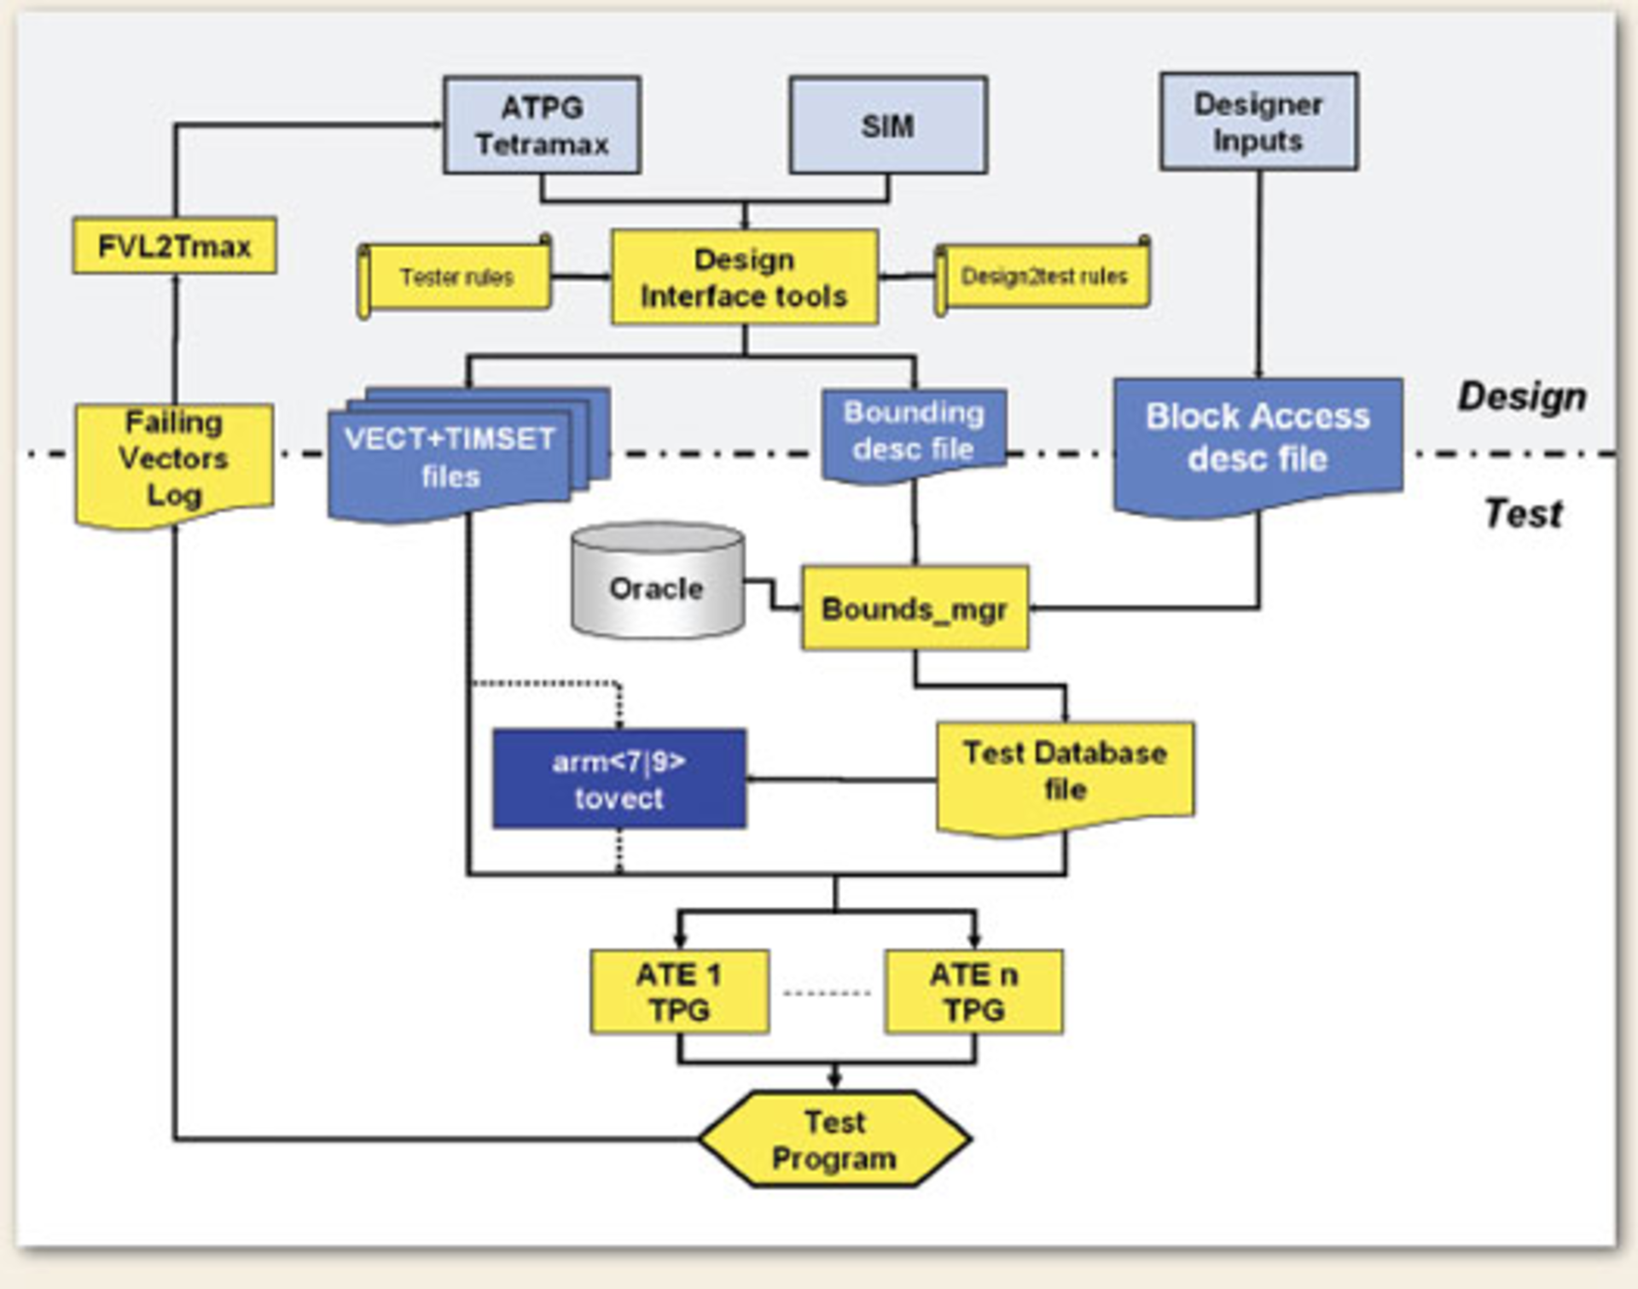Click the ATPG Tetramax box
pyautogui.click(x=542, y=125)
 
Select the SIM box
pyautogui.click(x=887, y=125)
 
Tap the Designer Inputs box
pyautogui.click(x=1258, y=122)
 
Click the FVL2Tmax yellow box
pyautogui.click(x=174, y=247)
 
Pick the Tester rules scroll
pyautogui.click(x=456, y=277)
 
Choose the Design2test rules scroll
pyautogui.click(x=1044, y=276)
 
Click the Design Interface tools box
pyautogui.click(x=744, y=277)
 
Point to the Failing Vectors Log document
pyautogui.click(x=174, y=461)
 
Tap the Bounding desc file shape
pyautogui.click(x=913, y=432)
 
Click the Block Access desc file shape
pyautogui.click(x=1258, y=439)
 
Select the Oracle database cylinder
pyautogui.click(x=656, y=585)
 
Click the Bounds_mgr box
pyautogui.click(x=914, y=609)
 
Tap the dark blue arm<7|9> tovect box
pyautogui.click(x=619, y=779)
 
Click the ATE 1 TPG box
pyautogui.click(x=679, y=991)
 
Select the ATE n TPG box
pyautogui.click(x=973, y=991)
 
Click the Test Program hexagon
pyautogui.click(x=834, y=1139)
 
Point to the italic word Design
pyautogui.click(x=1521, y=397)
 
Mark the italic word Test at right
pyautogui.click(x=1523, y=514)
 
